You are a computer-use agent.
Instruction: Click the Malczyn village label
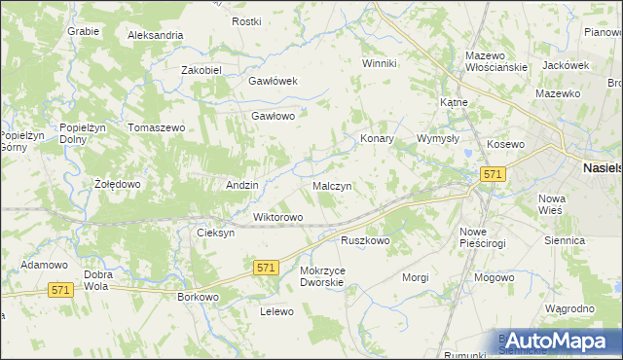point(332,185)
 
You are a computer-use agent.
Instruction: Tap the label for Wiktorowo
point(278,217)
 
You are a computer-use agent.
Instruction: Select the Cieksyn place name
point(216,234)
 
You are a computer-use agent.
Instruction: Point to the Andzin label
point(241,185)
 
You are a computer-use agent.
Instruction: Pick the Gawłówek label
point(273,82)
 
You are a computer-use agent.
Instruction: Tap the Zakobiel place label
point(202,70)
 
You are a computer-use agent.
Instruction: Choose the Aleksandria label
point(156,35)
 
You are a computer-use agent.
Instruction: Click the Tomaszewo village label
point(156,128)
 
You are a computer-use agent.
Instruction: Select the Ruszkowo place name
point(365,240)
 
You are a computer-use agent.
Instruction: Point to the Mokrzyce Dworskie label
point(322,276)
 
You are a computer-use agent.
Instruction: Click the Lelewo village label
point(276,311)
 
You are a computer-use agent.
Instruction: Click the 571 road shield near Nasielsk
point(493,173)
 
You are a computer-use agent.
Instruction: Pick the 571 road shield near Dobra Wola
point(61,290)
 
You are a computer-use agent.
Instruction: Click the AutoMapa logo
point(557,341)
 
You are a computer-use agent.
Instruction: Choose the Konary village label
point(377,138)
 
